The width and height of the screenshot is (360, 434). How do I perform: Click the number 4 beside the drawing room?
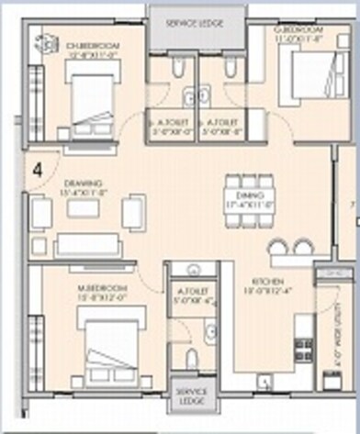tap(38, 169)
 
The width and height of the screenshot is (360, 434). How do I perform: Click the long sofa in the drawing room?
tap(86, 245)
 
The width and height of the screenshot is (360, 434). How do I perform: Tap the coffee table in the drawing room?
tap(83, 209)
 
